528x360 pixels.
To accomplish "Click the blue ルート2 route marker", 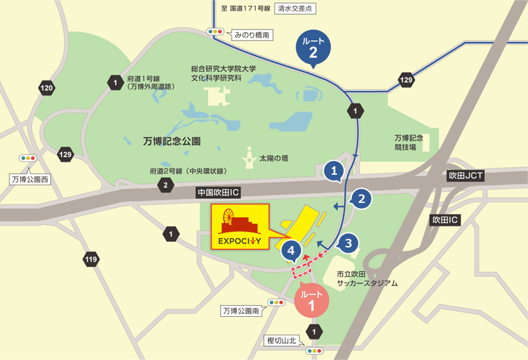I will pos(313,46).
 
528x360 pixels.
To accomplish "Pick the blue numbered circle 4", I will pos(291,249).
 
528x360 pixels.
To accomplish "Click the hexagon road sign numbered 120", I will pos(47,88).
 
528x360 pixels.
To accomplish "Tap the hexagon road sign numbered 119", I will pos(91,261).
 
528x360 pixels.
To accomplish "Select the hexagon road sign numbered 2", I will pos(166,185).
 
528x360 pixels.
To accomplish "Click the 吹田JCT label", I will pos(465,177).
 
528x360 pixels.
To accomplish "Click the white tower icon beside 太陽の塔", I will pos(249,157).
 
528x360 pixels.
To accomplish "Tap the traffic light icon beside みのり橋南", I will pos(215,31).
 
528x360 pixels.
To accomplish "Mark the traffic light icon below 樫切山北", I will pos(315,351).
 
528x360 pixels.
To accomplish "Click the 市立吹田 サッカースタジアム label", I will pos(367,279).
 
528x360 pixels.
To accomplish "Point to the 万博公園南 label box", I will pos(241,312).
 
